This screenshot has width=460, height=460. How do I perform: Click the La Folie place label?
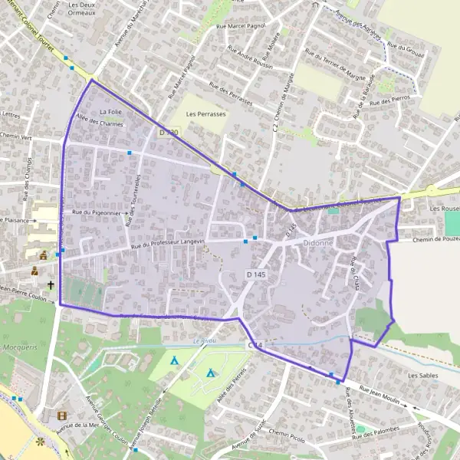tap(110, 112)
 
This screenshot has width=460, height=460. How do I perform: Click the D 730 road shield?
tap(169, 133)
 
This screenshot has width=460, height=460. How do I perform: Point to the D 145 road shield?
tap(256, 274)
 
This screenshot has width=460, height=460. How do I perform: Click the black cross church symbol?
tap(51, 285)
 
